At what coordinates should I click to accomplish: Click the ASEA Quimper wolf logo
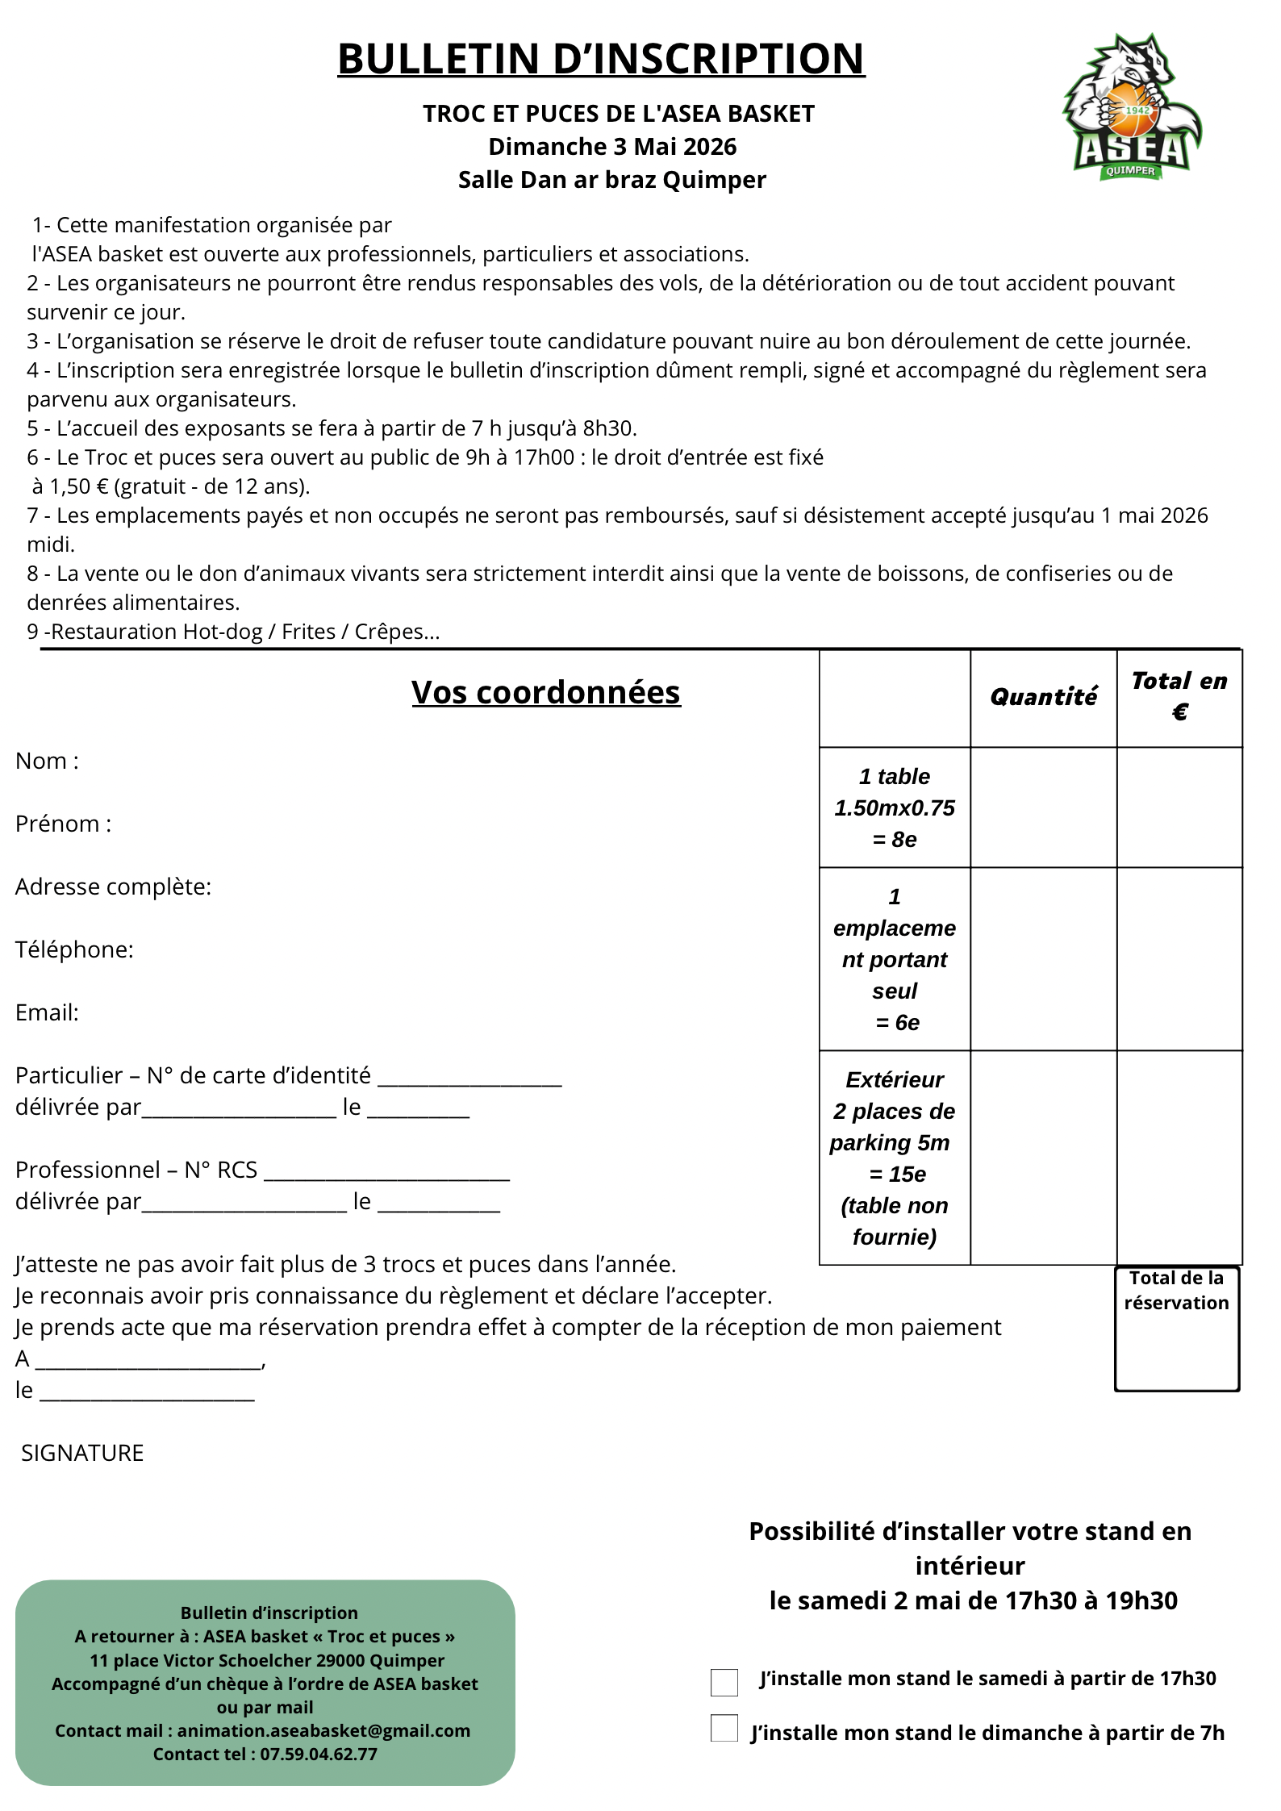(1132, 106)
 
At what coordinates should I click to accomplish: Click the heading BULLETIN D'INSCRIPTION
(601, 59)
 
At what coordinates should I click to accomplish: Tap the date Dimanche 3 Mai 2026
(612, 147)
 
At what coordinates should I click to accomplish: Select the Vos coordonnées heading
(546, 692)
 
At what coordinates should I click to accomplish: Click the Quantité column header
(1043, 697)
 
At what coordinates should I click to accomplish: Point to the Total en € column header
(1179, 696)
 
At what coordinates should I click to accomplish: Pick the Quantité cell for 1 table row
(1043, 807)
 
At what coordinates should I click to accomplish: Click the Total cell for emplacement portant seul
(1179, 959)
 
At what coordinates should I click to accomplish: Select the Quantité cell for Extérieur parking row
(1043, 1158)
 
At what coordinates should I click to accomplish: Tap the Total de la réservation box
(1177, 1329)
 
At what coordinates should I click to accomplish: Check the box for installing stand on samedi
(724, 1682)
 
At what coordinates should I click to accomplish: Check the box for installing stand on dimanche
(724, 1728)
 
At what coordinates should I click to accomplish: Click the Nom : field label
(48, 761)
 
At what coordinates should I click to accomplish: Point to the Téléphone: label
(74, 949)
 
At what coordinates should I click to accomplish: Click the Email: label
(48, 1012)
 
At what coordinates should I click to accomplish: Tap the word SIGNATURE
(82, 1453)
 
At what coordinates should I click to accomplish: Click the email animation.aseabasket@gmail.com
(323, 1730)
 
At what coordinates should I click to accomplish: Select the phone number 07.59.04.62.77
(318, 1754)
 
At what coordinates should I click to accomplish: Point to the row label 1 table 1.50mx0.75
(895, 807)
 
